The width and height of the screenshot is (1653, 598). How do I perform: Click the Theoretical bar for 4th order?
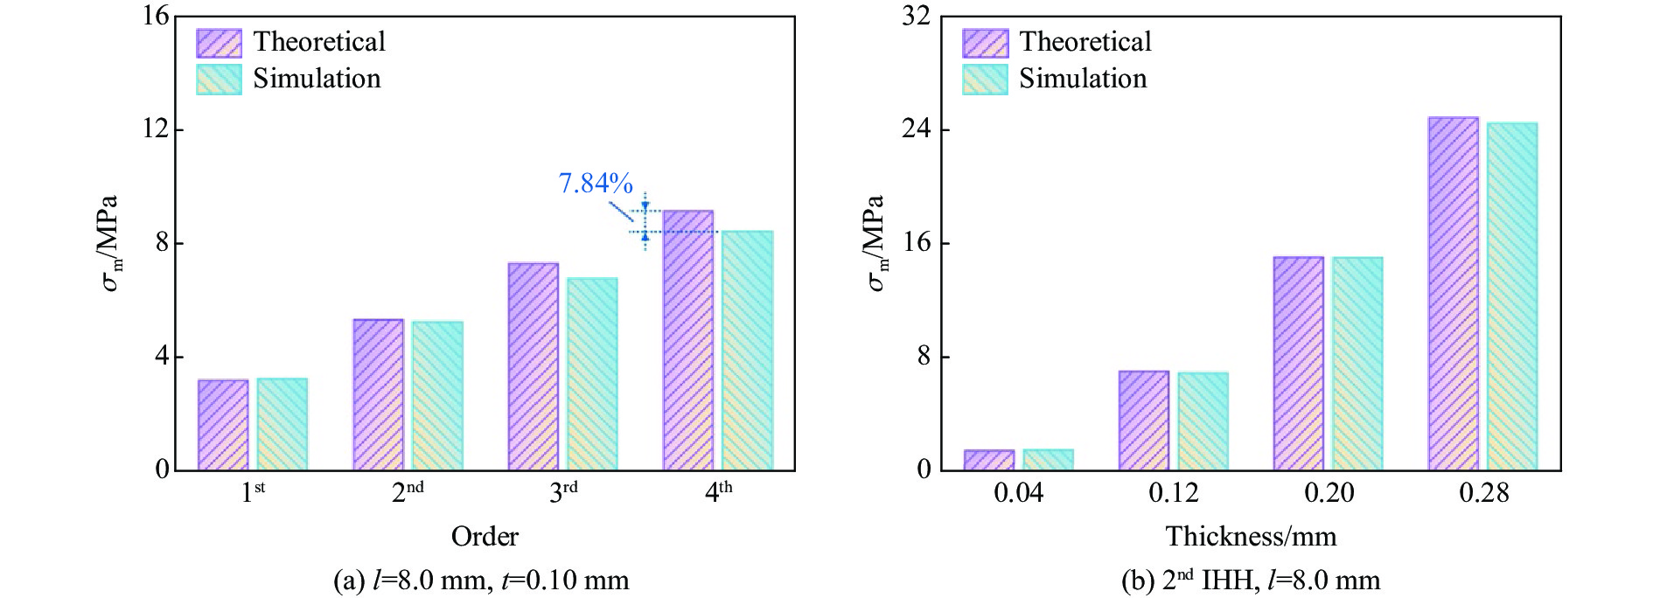click(687, 340)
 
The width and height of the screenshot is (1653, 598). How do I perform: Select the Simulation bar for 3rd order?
click(592, 374)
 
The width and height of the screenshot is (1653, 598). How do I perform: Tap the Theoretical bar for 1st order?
click(223, 425)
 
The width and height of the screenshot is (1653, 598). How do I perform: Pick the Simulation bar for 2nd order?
click(437, 396)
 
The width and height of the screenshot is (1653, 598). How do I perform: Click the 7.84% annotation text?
click(595, 183)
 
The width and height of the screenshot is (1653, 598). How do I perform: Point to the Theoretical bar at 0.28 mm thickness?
click(1453, 294)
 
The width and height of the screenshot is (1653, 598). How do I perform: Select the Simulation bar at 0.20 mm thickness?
click(1357, 364)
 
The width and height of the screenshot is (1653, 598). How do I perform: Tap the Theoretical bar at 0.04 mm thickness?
click(989, 460)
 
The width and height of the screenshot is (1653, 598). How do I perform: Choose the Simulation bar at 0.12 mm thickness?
click(1203, 421)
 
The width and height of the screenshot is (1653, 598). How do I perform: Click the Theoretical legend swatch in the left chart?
click(219, 43)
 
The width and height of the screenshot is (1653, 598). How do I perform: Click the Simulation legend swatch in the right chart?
click(985, 80)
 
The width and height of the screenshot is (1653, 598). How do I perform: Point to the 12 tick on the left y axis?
click(157, 129)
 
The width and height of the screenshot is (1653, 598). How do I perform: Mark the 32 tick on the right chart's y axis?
click(916, 16)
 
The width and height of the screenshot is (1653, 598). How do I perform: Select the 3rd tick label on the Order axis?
click(563, 492)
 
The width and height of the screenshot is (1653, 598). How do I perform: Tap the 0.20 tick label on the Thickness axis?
click(1329, 493)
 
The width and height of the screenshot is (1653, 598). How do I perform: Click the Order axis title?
click(485, 536)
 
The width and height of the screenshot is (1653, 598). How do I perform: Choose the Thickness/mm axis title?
click(1251, 536)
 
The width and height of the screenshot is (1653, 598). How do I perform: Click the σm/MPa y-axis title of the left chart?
click(109, 243)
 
